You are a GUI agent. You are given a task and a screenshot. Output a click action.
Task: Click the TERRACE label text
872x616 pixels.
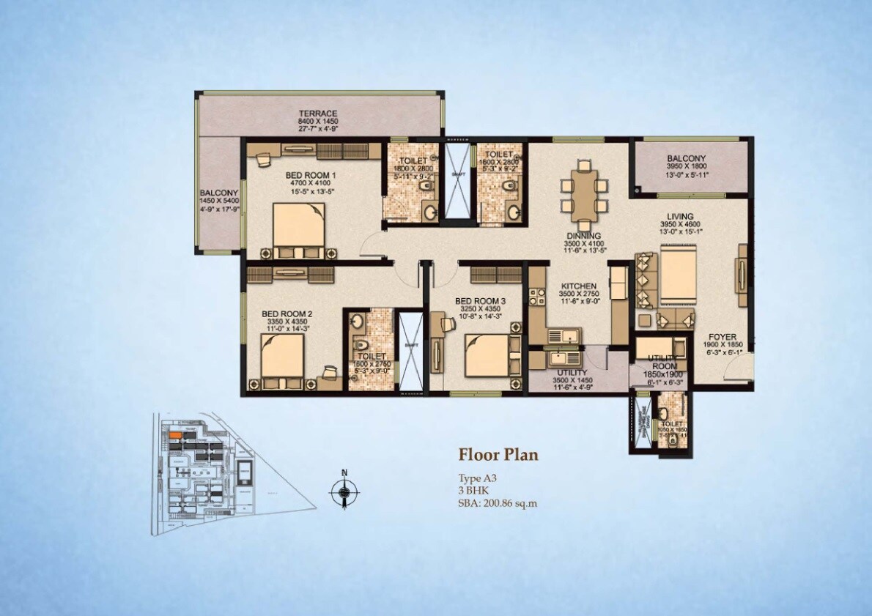click(317, 114)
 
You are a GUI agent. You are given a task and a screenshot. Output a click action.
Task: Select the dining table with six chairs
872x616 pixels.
click(583, 194)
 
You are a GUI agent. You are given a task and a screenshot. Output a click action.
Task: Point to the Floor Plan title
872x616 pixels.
click(498, 455)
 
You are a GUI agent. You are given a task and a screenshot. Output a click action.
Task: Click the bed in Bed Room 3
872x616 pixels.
click(491, 355)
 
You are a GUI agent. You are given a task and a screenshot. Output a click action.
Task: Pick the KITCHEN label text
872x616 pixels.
click(579, 286)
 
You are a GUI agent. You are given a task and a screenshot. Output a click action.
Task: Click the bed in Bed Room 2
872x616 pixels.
click(282, 355)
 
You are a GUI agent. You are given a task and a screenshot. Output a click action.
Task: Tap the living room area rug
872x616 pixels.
click(682, 275)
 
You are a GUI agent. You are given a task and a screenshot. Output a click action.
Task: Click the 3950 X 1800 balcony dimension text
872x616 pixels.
click(686, 167)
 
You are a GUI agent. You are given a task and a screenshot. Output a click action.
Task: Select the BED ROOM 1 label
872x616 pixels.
click(311, 176)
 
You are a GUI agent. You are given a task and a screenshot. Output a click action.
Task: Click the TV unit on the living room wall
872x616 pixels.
click(742, 277)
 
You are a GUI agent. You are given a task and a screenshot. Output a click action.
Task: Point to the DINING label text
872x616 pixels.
click(583, 236)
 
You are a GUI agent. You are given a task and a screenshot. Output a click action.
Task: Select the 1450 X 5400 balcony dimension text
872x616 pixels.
click(218, 202)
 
